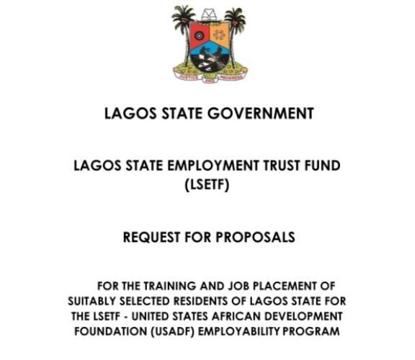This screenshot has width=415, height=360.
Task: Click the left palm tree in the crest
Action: tap(183, 25)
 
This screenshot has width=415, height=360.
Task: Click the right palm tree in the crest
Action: tap(235, 25)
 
